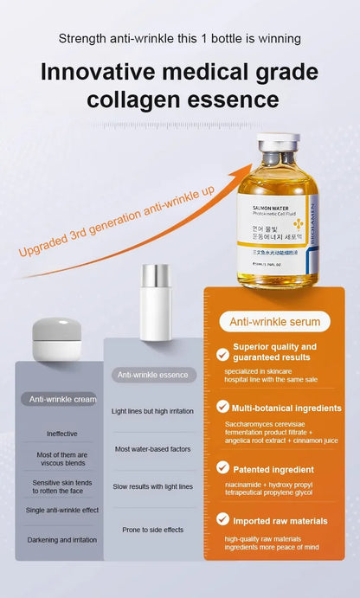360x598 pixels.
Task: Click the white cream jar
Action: tap(57, 340)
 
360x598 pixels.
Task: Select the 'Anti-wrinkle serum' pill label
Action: tap(274, 322)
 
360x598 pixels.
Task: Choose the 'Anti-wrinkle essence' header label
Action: tap(152, 375)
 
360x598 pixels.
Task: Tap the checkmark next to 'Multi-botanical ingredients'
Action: tap(222, 406)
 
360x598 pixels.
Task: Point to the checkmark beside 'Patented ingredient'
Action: tap(222, 468)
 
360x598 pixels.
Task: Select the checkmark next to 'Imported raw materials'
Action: tap(222, 520)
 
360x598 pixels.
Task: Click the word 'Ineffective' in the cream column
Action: tap(61, 434)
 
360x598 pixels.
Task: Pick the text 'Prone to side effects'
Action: tap(153, 529)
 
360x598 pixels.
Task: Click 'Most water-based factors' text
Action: tap(153, 449)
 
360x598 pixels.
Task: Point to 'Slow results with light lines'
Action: tap(153, 487)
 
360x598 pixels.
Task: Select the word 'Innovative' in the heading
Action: tap(108, 72)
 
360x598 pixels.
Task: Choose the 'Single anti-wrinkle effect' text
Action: tap(61, 510)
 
